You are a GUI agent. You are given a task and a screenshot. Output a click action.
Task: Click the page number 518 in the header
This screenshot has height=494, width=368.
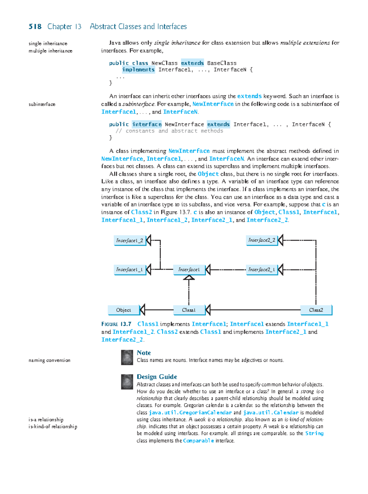tap(35, 27)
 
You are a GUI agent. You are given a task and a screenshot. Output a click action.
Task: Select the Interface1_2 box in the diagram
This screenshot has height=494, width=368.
tap(129, 241)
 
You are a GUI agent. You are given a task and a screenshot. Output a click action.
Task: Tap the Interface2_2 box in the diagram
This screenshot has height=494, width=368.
tap(262, 240)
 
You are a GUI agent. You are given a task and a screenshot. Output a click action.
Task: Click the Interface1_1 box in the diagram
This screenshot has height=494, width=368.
tap(129, 270)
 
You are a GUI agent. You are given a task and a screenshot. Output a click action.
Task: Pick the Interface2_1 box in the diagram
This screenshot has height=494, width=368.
tap(262, 270)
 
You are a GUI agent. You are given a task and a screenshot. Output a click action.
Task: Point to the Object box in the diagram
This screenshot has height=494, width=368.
tap(124, 310)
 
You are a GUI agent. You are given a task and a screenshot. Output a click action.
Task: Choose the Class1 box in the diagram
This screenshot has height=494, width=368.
tap(189, 310)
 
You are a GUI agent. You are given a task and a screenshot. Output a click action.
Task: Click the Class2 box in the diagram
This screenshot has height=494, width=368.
tap(316, 310)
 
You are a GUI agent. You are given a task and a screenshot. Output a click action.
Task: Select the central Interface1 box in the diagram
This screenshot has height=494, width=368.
tap(189, 270)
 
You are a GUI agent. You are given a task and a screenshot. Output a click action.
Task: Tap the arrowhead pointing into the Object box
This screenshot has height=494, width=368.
tap(142, 310)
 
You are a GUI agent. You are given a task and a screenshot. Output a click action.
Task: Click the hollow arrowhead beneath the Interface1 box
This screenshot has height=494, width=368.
tap(189, 278)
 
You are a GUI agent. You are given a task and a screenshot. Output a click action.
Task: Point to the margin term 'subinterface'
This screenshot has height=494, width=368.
tap(42, 104)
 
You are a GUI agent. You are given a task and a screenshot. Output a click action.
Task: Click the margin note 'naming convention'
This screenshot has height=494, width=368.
tap(49, 360)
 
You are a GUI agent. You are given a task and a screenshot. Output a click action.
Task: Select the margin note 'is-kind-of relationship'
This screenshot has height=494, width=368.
tap(53, 427)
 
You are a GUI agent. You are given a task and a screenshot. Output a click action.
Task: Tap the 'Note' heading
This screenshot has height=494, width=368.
tap(144, 353)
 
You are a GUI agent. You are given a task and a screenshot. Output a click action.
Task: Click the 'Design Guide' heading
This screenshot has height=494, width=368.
tap(157, 377)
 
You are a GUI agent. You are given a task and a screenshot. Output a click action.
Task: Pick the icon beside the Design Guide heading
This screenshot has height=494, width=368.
tap(127, 382)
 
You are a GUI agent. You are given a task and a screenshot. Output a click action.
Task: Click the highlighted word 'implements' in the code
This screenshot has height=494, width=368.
tap(138, 70)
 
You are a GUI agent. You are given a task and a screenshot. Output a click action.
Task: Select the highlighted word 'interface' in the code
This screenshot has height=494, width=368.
tap(147, 124)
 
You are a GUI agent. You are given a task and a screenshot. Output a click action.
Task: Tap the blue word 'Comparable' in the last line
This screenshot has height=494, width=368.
tap(198, 441)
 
